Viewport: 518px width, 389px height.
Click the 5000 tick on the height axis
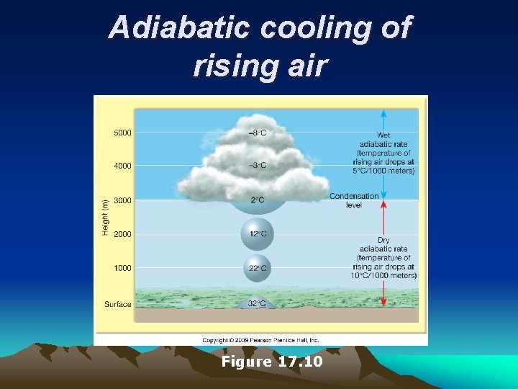pyautogui.click(x=122, y=133)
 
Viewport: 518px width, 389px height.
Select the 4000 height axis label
pyautogui.click(x=122, y=166)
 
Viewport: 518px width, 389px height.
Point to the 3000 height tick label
pyautogui.click(x=122, y=200)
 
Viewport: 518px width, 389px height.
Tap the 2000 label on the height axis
pyautogui.click(x=122, y=234)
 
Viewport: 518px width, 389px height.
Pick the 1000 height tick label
pyautogui.click(x=122, y=268)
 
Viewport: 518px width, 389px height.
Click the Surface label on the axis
pyautogui.click(x=118, y=304)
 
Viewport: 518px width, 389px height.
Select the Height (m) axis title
pyautogui.click(x=105, y=216)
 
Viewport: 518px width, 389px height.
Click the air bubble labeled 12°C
pyautogui.click(x=257, y=233)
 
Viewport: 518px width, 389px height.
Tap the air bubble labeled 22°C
pyautogui.click(x=257, y=268)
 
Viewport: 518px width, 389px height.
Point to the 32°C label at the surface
pyautogui.click(x=257, y=304)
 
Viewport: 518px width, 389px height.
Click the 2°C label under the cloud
pyautogui.click(x=257, y=200)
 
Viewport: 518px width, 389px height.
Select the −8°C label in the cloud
pyautogui.click(x=257, y=133)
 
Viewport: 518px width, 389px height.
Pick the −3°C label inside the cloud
pyautogui.click(x=257, y=166)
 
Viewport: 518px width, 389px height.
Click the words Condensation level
pyautogui.click(x=354, y=200)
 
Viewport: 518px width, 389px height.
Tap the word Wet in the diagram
pyautogui.click(x=384, y=135)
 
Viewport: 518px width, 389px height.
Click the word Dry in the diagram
pyautogui.click(x=384, y=241)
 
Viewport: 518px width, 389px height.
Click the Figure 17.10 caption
pyautogui.click(x=272, y=361)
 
